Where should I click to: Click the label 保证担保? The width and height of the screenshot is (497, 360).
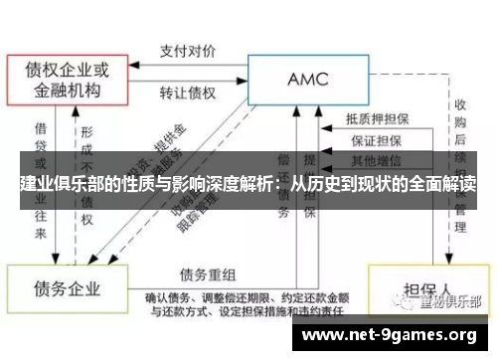pos(372,139)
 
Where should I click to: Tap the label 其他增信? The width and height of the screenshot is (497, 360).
pos(372,159)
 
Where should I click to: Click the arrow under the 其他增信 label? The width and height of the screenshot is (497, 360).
pos(372,169)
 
